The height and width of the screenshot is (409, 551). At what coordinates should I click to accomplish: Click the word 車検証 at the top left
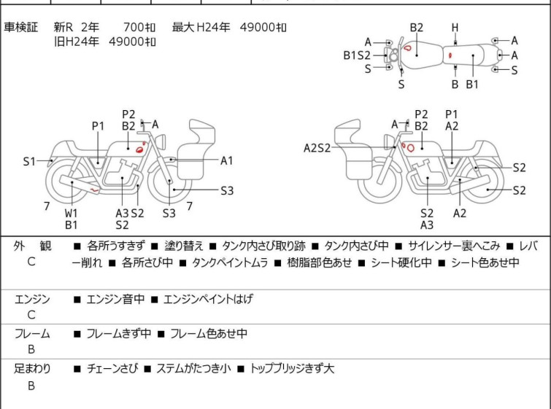click(x=20, y=27)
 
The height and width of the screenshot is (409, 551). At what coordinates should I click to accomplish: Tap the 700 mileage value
click(x=134, y=27)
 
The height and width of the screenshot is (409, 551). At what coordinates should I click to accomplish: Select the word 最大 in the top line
click(x=183, y=27)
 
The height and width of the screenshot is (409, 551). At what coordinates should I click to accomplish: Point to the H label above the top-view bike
click(x=455, y=28)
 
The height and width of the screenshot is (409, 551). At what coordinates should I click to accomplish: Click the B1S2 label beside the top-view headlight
click(x=357, y=55)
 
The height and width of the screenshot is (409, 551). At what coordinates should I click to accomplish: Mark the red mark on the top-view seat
click(x=450, y=55)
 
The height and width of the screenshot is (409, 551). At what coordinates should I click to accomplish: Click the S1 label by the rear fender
click(x=29, y=162)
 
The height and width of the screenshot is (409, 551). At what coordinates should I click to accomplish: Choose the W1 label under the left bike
click(x=71, y=213)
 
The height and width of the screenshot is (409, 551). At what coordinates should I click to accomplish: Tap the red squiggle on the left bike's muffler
click(x=95, y=190)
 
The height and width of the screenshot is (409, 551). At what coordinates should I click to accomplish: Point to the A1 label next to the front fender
click(x=227, y=161)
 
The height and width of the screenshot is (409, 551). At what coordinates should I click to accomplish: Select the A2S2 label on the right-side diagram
click(x=317, y=148)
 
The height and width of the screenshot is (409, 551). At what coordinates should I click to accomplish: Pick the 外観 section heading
click(x=32, y=246)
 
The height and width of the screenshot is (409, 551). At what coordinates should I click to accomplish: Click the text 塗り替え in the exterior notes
click(x=184, y=246)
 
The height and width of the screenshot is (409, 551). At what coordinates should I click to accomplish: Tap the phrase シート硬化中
click(x=401, y=262)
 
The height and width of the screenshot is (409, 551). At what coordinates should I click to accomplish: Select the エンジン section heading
click(x=32, y=299)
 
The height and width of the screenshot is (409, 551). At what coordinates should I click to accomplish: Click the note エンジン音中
click(x=115, y=299)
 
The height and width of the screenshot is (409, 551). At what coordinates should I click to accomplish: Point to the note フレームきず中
click(x=119, y=333)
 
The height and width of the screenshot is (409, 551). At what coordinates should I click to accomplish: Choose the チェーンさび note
click(x=112, y=368)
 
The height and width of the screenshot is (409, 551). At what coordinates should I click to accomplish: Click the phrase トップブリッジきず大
click(x=291, y=368)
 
